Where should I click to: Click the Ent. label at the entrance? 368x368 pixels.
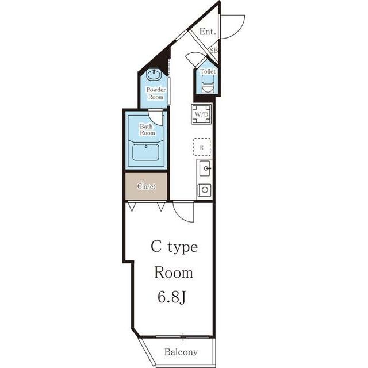click(208, 32)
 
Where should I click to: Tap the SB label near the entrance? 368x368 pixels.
click(213, 50)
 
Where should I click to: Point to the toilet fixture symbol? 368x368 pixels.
click(208, 85)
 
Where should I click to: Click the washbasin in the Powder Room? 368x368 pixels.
click(154, 75)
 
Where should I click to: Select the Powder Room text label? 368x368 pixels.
click(156, 93)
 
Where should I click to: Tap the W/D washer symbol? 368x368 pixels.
click(201, 114)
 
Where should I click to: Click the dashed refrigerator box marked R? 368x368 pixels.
click(202, 147)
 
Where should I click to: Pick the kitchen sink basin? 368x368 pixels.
click(205, 168)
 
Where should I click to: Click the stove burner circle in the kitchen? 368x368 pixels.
click(205, 190)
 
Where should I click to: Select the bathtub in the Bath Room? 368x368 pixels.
click(145, 152)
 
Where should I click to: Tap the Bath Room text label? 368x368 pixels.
click(147, 129)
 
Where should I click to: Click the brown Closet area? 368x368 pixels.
click(146, 186)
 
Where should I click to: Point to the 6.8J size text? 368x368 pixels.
click(171, 297)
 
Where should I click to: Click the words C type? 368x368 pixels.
click(174, 247)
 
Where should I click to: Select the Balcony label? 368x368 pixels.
click(181, 352)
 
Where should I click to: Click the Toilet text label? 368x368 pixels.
click(208, 71)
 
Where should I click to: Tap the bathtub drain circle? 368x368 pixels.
click(146, 147)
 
